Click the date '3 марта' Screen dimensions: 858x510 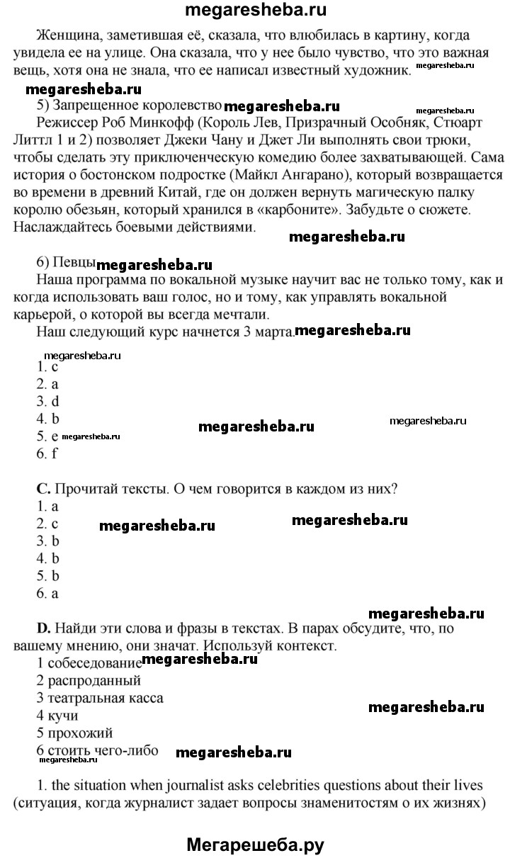pyautogui.click(x=266, y=330)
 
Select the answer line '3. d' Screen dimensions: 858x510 pyautogui.click(x=47, y=401)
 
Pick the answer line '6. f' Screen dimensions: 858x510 pyautogui.click(x=47, y=453)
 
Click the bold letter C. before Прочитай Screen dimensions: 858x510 pyautogui.click(x=42, y=489)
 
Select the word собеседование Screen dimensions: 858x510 pyautogui.click(x=94, y=664)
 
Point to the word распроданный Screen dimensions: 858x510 pyautogui.click(x=94, y=681)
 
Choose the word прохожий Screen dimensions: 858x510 pyautogui.click(x=80, y=733)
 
